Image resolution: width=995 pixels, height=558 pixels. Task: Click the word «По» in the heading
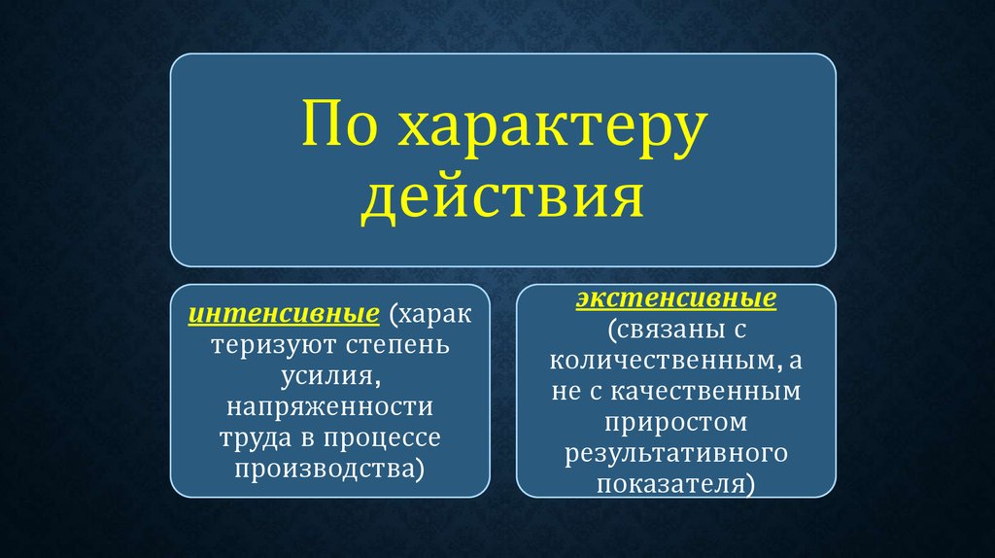pyautogui.click(x=339, y=123)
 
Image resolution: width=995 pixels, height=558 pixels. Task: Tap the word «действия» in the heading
pyautogui.click(x=502, y=198)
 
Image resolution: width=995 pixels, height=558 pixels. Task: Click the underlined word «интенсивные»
pyautogui.click(x=284, y=314)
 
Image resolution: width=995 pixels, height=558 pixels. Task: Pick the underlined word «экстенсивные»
pyautogui.click(x=676, y=297)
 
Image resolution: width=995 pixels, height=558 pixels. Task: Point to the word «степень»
pyautogui.click(x=397, y=346)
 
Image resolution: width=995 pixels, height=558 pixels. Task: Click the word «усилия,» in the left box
pyautogui.click(x=330, y=376)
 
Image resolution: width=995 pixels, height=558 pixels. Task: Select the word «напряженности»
pyautogui.click(x=330, y=407)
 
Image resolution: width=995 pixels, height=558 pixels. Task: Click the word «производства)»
pyautogui.click(x=329, y=470)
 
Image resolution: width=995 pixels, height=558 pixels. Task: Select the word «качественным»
pyautogui.click(x=705, y=392)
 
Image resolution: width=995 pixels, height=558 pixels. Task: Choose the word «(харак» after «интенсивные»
pyautogui.click(x=430, y=314)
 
